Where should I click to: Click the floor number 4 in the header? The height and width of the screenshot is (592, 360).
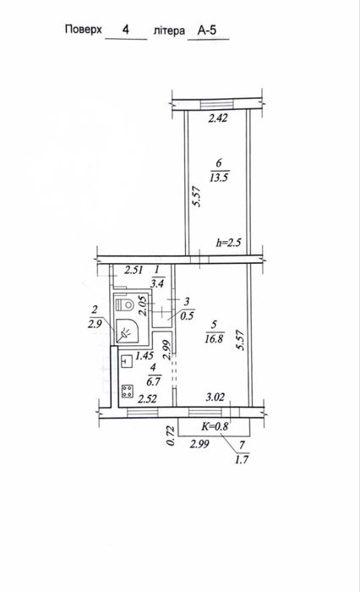coord(126,29)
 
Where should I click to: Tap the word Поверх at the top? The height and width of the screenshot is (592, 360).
coord(84,30)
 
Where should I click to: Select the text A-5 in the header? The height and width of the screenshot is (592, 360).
coord(207,30)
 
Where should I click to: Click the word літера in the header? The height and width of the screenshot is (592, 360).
coord(169,30)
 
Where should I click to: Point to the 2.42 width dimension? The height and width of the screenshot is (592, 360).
coord(218,118)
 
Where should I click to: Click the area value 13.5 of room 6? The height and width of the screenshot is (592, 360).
coord(219,177)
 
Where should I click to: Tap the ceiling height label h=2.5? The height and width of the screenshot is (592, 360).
coord(228,242)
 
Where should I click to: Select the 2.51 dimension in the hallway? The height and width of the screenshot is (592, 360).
coord(134,270)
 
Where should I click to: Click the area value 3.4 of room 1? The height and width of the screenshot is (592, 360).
coord(157,282)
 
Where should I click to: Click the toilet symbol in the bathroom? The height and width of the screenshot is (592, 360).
coord(124,304)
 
